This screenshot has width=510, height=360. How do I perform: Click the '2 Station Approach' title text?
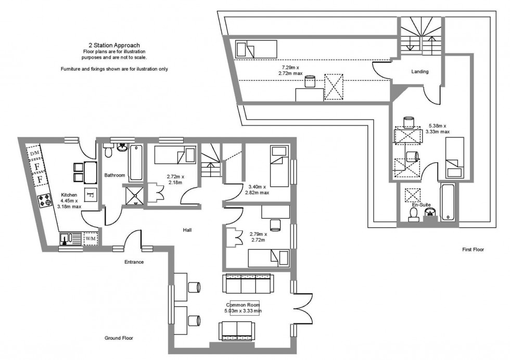click(x=114, y=45)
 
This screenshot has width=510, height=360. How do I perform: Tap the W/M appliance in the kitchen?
click(x=91, y=239)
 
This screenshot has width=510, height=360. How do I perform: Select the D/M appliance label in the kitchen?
click(x=34, y=153)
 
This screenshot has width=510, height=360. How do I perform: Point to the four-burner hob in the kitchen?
click(x=43, y=200)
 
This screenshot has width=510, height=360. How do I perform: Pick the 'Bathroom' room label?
click(x=114, y=175)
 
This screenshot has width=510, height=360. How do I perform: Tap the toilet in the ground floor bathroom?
click(x=108, y=152)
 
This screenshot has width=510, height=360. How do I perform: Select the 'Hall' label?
click(x=188, y=229)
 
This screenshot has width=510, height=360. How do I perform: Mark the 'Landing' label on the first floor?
click(x=419, y=71)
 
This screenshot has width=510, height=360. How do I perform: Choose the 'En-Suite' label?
click(x=422, y=205)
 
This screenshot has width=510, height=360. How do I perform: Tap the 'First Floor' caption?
click(x=473, y=250)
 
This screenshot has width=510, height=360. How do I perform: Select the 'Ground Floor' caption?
click(x=119, y=338)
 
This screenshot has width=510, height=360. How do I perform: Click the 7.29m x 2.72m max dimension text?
click(x=292, y=71)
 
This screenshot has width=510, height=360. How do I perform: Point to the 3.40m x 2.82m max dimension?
click(x=257, y=189)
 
